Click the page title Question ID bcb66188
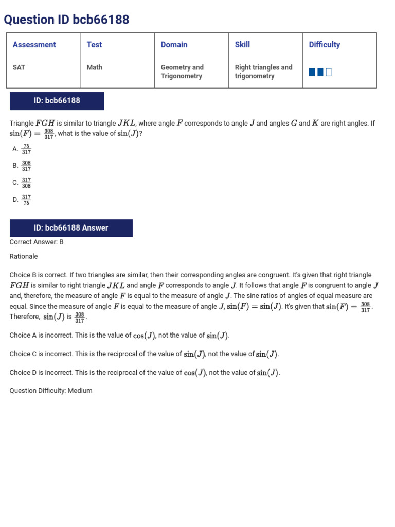point(66,20)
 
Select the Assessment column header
point(34,45)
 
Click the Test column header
point(94,45)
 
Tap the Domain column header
point(174,45)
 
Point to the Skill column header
point(242,45)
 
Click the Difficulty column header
point(324,45)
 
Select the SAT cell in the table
point(19,67)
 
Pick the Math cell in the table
point(95,67)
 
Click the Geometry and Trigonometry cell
point(182,72)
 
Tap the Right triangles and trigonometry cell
point(263,72)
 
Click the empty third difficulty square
point(329,72)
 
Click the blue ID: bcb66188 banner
point(57,101)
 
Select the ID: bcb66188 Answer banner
point(71,228)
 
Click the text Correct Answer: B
point(37,242)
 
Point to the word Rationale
point(24,256)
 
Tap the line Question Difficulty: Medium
point(51,391)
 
